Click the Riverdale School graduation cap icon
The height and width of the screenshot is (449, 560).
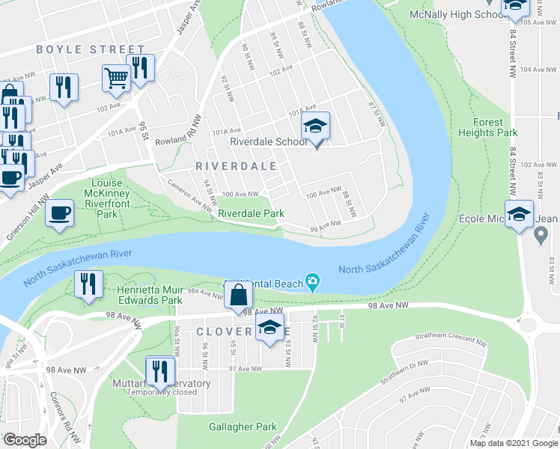click(316, 126)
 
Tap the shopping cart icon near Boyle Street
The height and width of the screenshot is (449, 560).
click(117, 77)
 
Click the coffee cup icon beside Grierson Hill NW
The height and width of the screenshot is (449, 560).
click(59, 213)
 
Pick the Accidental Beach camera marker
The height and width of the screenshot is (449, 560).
click(313, 283)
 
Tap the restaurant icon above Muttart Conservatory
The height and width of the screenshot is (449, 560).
click(160, 370)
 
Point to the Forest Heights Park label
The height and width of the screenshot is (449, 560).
click(496, 127)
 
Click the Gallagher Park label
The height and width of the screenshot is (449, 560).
click(242, 427)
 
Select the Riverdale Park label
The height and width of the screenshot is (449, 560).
click(251, 213)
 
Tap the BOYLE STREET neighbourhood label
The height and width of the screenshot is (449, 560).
click(80, 49)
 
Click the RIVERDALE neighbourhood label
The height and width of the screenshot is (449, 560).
click(236, 165)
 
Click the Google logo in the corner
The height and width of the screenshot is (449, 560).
click(25, 440)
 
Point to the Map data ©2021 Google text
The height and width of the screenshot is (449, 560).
click(513, 443)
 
